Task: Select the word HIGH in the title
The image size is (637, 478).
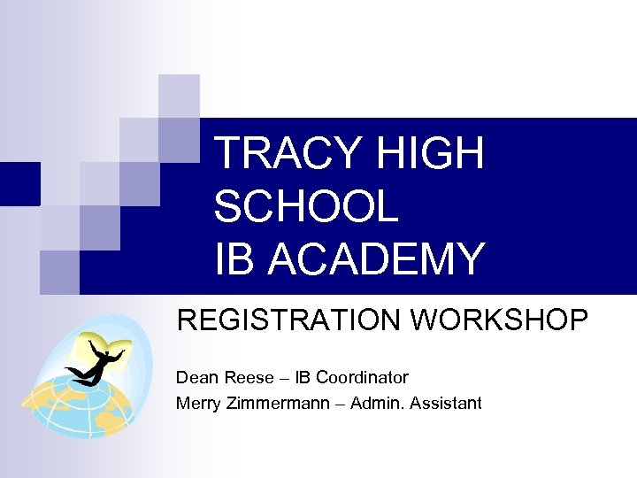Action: tap(430, 153)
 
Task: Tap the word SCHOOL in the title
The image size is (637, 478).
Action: tap(306, 206)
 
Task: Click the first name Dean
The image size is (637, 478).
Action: tap(195, 377)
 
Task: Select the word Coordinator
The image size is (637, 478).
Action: tap(362, 377)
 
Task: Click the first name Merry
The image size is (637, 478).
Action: tap(197, 404)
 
